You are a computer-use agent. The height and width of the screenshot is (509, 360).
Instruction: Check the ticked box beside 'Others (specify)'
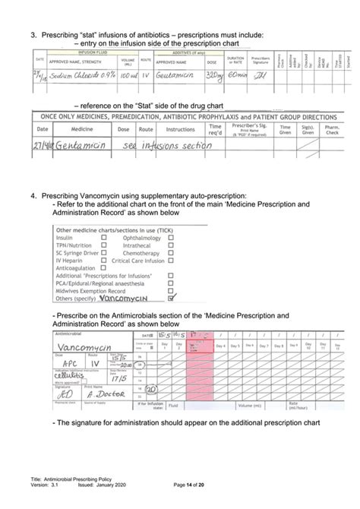tap(171, 298)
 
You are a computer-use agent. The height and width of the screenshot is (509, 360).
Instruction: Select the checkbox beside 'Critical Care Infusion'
tap(171, 260)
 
